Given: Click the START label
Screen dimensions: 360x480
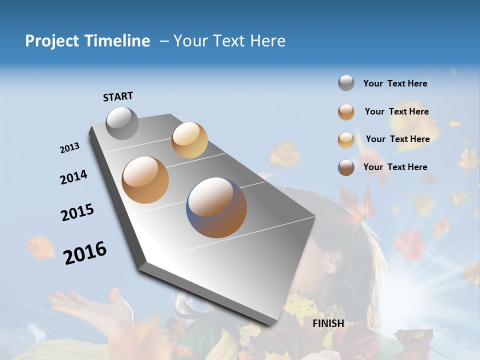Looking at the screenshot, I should tap(118, 96).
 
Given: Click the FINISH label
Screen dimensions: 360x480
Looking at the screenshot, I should tap(328, 323).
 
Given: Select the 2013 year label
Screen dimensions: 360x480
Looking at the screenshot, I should tap(70, 147).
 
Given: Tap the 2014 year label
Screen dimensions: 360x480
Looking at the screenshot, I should tap(73, 177).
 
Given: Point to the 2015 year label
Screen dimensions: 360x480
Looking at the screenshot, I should tap(77, 212).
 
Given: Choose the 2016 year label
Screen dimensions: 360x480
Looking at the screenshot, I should tap(85, 252).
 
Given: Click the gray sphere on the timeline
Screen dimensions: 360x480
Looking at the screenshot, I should tap(122, 123).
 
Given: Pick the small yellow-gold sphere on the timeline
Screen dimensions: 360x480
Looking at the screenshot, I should tap(189, 140).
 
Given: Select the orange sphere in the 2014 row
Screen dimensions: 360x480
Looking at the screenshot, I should tap(145, 180).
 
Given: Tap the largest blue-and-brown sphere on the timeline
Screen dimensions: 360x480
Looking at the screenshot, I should tap(216, 207).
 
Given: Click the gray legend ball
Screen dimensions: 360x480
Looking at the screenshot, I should tap(346, 83).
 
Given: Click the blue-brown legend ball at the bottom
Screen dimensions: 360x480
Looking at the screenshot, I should tap(346, 167).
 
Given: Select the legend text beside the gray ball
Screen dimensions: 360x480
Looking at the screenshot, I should tap(395, 83).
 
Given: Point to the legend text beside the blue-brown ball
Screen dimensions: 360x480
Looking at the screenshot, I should tap(395, 167).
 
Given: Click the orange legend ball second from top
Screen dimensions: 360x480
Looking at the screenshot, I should tap(346, 112).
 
